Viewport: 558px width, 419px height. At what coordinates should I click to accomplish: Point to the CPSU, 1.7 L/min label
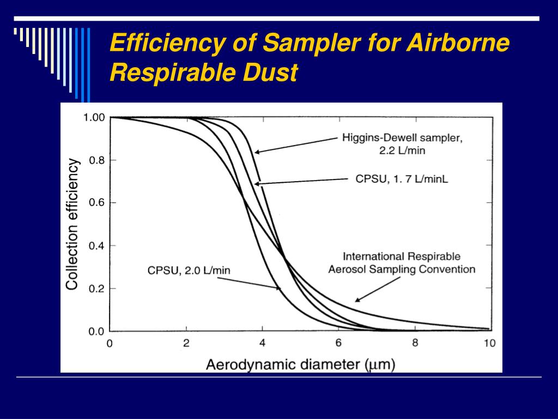point(402,179)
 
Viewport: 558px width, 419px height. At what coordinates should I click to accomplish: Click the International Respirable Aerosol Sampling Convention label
point(402,262)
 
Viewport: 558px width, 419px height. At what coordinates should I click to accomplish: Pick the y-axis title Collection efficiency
point(72,224)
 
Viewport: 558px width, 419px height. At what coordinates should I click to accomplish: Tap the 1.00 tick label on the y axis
point(94,117)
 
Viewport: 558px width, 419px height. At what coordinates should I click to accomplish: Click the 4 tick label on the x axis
point(262,344)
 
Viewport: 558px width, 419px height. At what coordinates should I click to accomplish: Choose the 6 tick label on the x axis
point(338,344)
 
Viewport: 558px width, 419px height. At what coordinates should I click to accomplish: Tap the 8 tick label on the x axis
point(415,344)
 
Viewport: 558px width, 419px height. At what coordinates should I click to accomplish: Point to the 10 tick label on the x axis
point(489,344)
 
